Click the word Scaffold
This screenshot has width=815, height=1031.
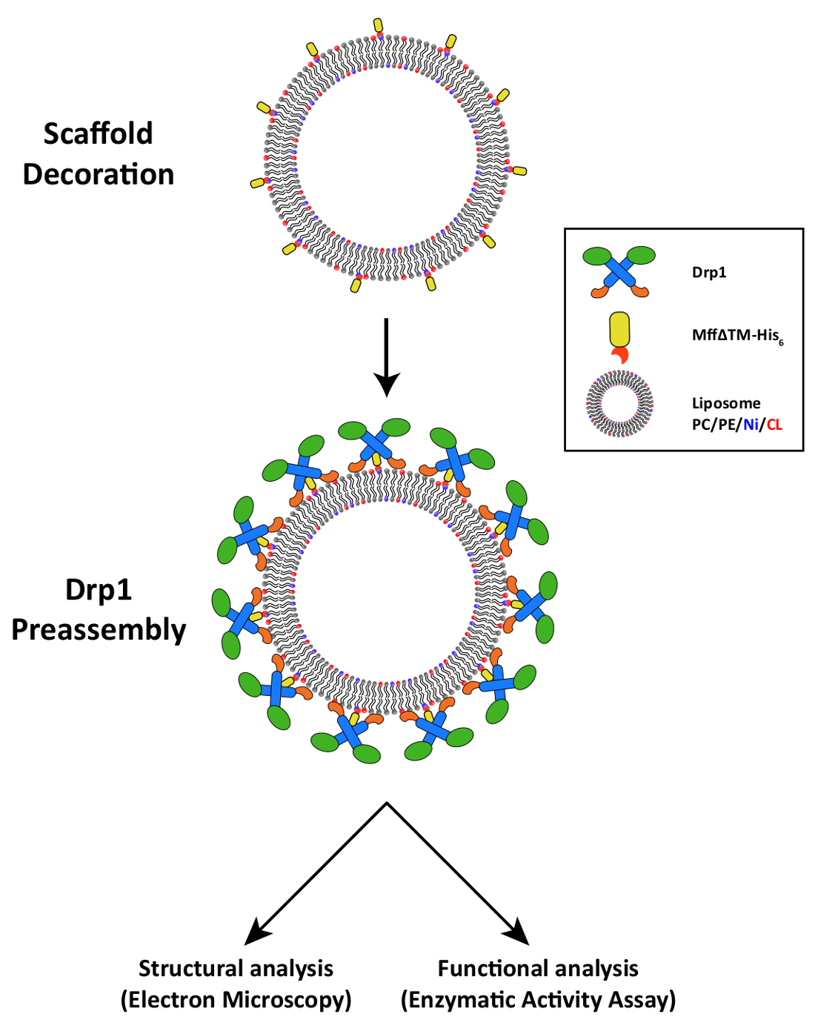click(98, 133)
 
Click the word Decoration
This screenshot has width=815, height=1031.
click(98, 174)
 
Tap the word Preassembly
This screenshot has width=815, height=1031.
click(98, 631)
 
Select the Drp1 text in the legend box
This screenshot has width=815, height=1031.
click(709, 273)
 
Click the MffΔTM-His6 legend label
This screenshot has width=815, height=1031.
click(737, 336)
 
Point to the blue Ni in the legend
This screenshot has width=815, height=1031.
click(751, 425)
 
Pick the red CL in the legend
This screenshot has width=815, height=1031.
click(774, 425)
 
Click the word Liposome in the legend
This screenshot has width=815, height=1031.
click(726, 403)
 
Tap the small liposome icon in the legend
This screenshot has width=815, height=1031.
click(619, 404)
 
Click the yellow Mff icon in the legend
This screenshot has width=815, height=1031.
click(619, 338)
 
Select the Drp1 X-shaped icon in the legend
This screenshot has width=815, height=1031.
click(619, 271)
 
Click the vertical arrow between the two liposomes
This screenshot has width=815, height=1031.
click(386, 357)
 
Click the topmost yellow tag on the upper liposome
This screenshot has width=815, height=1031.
click(379, 25)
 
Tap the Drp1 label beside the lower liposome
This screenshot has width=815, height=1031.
click(98, 590)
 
